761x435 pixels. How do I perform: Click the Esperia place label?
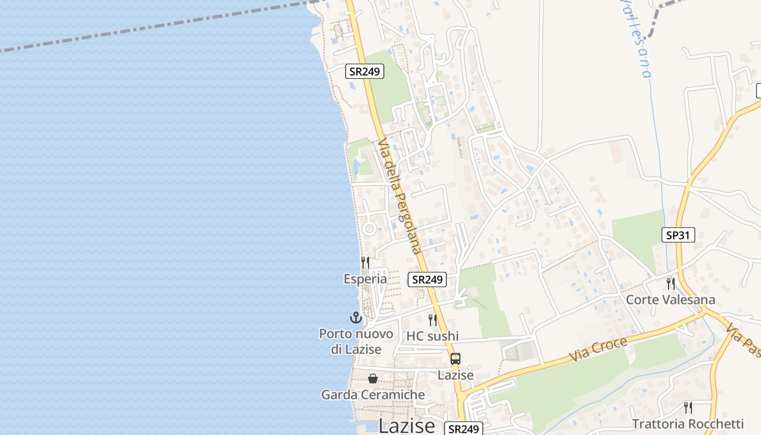click(x=365, y=279)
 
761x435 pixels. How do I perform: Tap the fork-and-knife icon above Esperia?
click(x=365, y=263)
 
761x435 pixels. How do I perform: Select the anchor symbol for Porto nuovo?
click(x=355, y=318)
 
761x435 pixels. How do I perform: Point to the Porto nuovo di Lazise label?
click(x=355, y=341)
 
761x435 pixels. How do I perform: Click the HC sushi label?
click(x=433, y=336)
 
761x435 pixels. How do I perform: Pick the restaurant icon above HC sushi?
click(x=433, y=320)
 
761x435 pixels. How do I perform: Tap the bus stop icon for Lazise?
click(x=456, y=359)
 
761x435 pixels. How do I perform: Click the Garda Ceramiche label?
click(x=373, y=395)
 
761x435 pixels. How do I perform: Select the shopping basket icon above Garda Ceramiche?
click(x=373, y=378)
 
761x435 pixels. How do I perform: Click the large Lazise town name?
click(x=407, y=426)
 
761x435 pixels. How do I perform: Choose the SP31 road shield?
click(x=678, y=235)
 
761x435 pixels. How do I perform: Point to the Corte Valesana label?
click(x=670, y=300)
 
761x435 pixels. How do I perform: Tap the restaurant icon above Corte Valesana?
click(x=670, y=283)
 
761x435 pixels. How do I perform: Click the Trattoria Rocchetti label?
click(x=688, y=424)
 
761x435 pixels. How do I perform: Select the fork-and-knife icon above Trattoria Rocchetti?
click(x=688, y=407)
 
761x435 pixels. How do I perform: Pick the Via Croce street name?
click(x=598, y=349)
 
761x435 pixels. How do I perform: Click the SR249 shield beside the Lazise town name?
click(x=463, y=428)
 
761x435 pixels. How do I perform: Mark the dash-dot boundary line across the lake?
click(x=163, y=26)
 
